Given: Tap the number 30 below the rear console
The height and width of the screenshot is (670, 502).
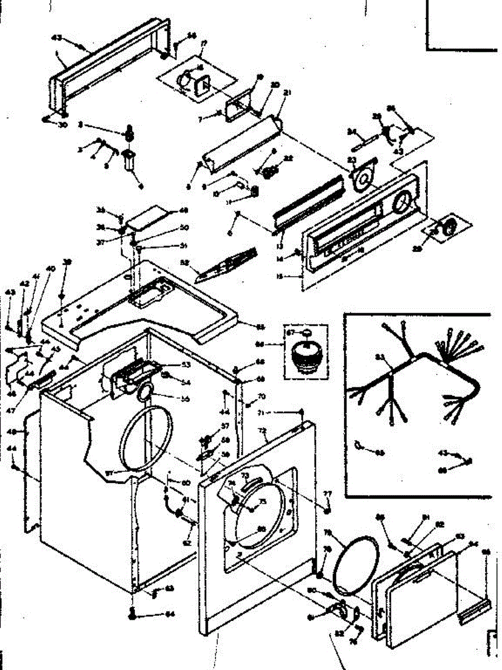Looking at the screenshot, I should tap(62, 125).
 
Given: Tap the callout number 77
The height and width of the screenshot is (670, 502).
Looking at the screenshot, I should tap(328, 494).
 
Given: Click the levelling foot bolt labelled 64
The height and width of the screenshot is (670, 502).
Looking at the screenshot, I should tap(132, 613).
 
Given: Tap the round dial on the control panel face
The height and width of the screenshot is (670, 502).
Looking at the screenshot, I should tap(400, 203).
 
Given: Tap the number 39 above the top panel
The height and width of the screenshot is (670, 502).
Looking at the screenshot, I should tap(67, 262).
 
